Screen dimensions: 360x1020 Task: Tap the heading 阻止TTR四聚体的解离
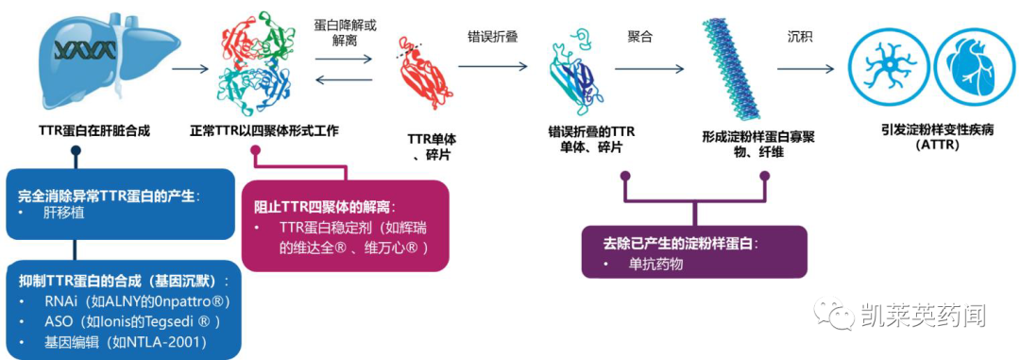click(x=326, y=205)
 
